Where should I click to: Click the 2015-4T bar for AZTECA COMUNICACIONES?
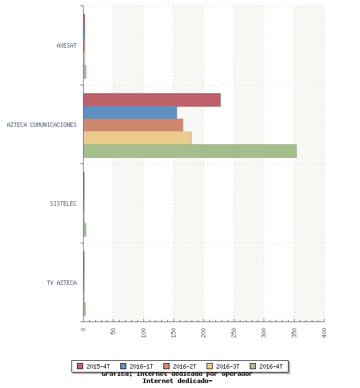152,100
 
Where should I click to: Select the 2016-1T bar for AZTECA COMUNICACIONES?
130,113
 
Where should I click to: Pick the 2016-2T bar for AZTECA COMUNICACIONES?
133,125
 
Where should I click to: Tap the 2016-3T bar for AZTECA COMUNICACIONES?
137,138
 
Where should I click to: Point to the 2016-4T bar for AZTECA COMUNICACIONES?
190,151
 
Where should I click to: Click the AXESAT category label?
66,45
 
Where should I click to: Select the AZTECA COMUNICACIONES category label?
42,125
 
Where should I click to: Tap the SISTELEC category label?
63,203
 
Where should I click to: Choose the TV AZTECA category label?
61,283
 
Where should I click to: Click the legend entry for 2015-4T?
94,366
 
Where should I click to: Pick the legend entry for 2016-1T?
137,366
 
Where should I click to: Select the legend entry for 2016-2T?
181,366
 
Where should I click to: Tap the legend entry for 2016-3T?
224,366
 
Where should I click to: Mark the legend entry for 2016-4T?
267,366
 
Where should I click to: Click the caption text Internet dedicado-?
177,381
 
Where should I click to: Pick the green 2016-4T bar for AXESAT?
85,72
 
